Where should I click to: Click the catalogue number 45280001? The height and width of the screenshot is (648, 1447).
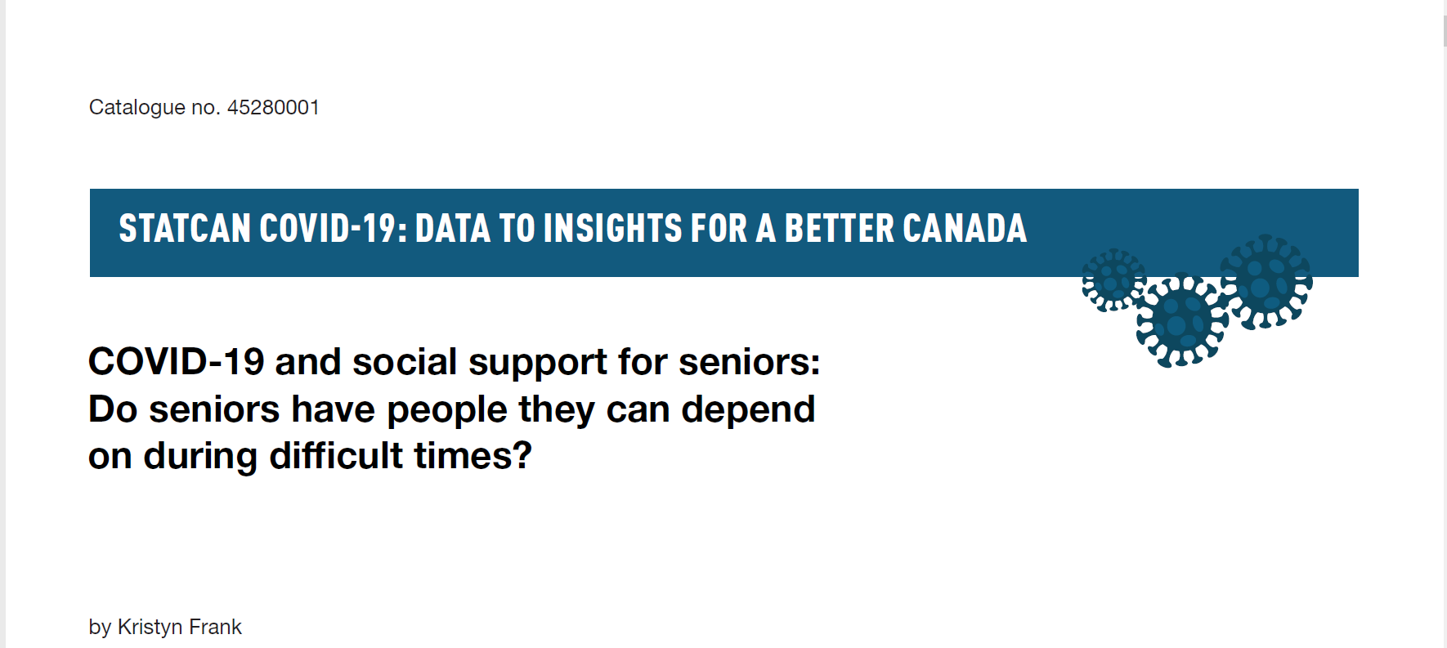point(273,107)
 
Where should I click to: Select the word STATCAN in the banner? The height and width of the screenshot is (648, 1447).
point(185,228)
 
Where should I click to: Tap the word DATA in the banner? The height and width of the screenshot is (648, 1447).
point(453,228)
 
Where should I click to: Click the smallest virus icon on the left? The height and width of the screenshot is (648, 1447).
point(1113,280)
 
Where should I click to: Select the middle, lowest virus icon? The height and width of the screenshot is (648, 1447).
point(1181,320)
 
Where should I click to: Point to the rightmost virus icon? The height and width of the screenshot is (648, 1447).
point(1266,282)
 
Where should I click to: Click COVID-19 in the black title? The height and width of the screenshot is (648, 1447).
point(176,362)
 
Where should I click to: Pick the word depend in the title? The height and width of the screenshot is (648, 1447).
point(748,409)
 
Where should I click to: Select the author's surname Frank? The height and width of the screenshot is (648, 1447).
point(215,627)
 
